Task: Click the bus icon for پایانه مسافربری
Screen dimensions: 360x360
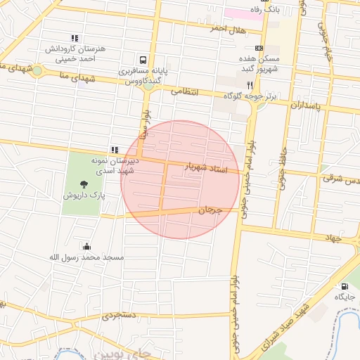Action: (x=143, y=60)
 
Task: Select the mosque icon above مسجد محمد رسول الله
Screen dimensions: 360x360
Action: (x=86, y=246)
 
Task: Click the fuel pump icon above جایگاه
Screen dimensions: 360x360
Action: (x=345, y=286)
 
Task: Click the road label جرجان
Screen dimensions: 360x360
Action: (x=210, y=210)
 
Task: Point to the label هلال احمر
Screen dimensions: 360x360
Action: (x=227, y=28)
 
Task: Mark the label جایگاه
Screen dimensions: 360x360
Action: (x=345, y=297)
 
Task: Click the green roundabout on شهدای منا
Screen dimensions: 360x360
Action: (x=37, y=71)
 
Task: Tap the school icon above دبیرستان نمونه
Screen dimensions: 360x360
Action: (x=114, y=150)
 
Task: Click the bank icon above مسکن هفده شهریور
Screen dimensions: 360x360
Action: (x=259, y=48)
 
